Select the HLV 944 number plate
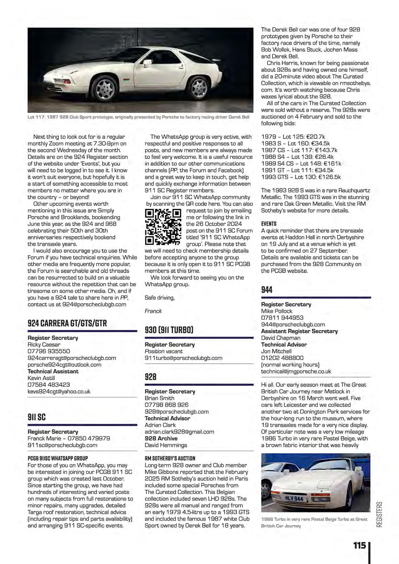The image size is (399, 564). pos(294,499)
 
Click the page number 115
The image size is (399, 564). pos(359,546)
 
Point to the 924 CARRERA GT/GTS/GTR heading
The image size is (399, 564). pos(67,323)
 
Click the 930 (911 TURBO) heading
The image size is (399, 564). pos(169,330)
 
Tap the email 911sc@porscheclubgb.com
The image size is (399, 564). pos(62,445)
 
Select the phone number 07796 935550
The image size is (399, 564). pos(49,351)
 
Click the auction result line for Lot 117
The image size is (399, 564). pos(299,150)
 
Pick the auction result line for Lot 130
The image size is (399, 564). pos(301,177)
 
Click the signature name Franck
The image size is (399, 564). pos(153,311)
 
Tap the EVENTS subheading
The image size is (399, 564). pos(269,224)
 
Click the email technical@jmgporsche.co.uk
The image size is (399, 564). pos(296,371)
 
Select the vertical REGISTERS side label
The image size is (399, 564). pos(379,514)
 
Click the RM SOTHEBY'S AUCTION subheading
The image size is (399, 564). pos(170,459)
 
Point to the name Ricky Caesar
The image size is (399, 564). pos(44,345)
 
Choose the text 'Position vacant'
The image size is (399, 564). pos(164,351)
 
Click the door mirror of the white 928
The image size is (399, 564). pos(147,63)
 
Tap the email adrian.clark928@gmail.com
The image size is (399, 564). pos(179,432)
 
